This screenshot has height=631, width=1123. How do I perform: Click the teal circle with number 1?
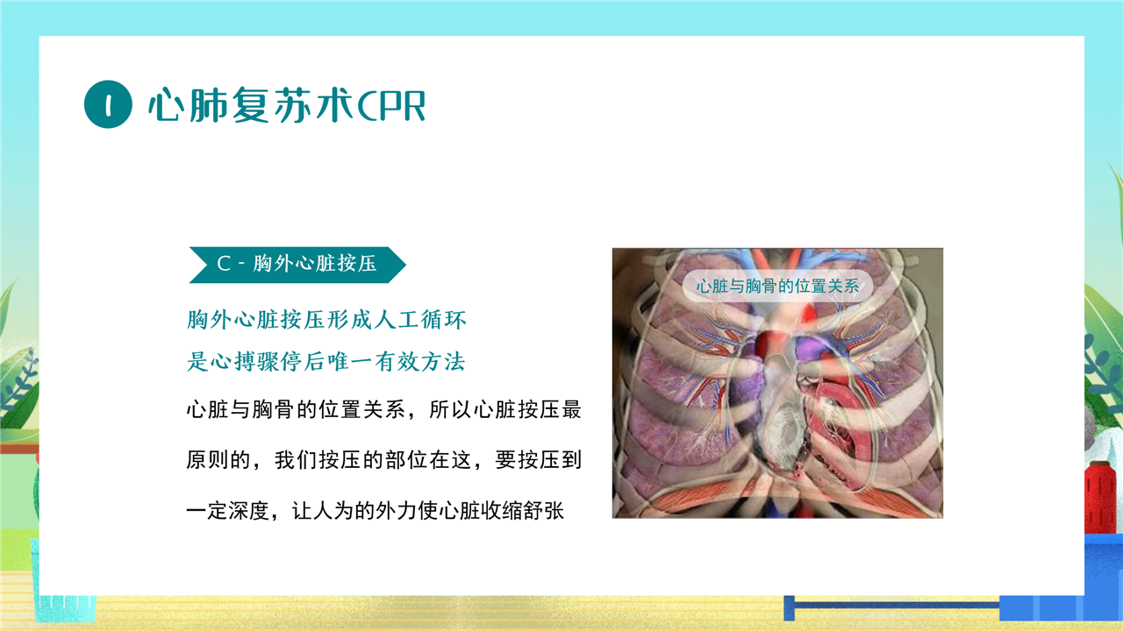point(108,104)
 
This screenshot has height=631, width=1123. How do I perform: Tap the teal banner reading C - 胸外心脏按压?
point(297,265)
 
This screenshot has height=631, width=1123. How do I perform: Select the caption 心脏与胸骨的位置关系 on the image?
point(777,286)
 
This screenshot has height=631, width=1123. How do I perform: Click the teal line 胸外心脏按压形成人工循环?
point(326,320)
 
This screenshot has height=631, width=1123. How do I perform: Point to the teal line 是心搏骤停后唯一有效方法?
point(325,361)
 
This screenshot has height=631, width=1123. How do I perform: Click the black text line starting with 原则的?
point(384,460)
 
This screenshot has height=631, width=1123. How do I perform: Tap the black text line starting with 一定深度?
point(376,511)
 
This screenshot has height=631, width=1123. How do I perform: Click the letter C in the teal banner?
point(224,264)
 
